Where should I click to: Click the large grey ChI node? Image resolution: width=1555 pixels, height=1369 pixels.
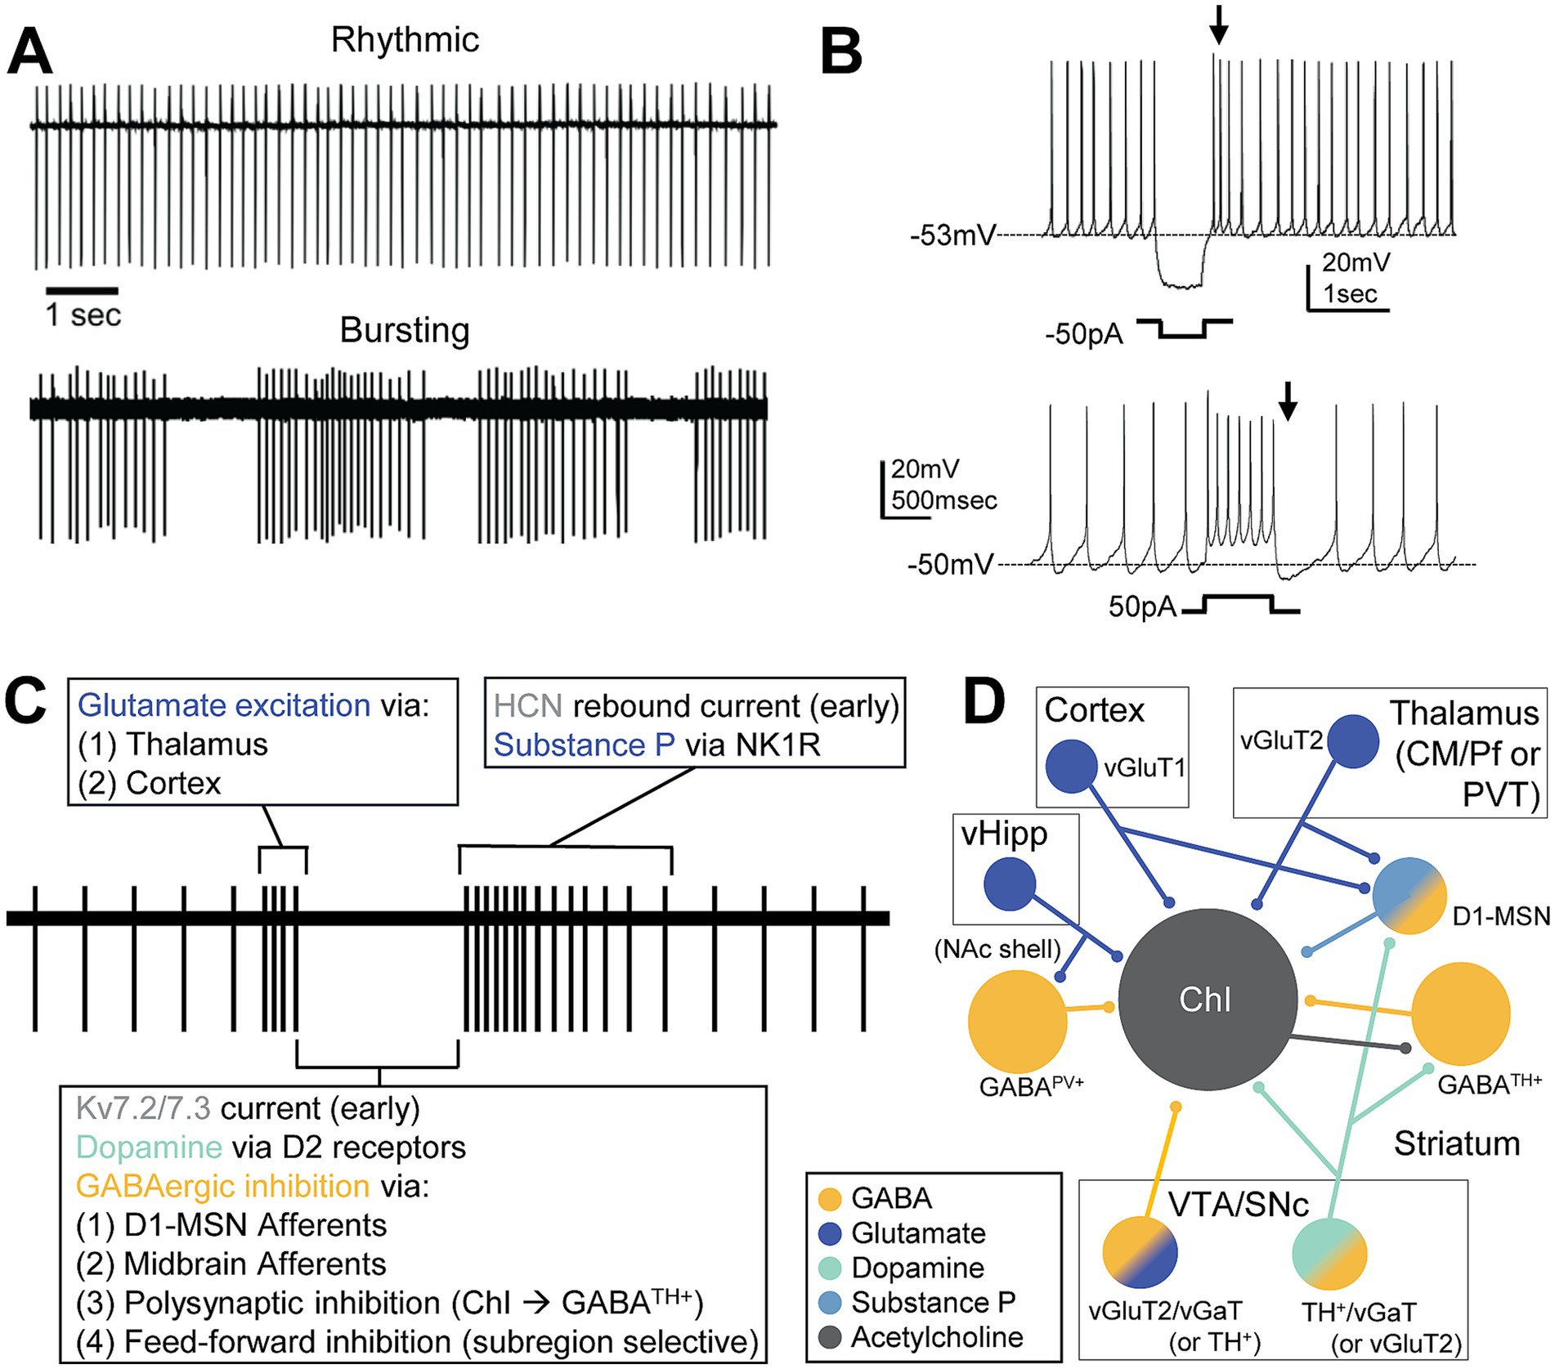tap(1207, 999)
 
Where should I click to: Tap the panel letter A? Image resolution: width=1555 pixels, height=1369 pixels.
tap(30, 51)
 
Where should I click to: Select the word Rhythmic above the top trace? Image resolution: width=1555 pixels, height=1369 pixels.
tap(405, 40)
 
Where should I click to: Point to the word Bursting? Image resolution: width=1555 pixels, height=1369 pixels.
tap(405, 330)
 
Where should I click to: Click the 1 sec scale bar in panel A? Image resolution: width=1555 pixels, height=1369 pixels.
tap(82, 290)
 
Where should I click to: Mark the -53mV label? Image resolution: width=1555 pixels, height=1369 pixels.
tap(952, 236)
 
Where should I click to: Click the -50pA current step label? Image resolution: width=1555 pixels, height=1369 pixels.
tap(1084, 334)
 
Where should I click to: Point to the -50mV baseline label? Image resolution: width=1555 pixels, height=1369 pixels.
tap(950, 565)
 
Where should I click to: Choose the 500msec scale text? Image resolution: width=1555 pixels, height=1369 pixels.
tap(944, 500)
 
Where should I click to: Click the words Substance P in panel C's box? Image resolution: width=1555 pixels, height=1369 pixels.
tap(585, 745)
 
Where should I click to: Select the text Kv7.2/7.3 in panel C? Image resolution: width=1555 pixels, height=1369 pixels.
tap(143, 1108)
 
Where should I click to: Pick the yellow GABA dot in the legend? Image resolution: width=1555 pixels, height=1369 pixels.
tap(829, 1199)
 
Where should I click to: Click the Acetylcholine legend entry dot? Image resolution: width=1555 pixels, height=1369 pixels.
tap(829, 1338)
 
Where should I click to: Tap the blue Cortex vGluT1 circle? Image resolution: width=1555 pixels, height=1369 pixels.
tap(1071, 766)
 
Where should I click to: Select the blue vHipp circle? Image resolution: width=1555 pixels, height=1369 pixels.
tap(1010, 884)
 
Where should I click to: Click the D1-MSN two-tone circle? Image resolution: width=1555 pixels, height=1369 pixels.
tap(1409, 897)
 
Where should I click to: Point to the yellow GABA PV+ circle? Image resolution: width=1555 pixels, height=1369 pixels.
tap(1017, 1021)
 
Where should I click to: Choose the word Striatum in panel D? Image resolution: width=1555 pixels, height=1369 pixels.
tap(1456, 1143)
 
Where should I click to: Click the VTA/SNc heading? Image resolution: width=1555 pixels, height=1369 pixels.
tap(1238, 1204)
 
